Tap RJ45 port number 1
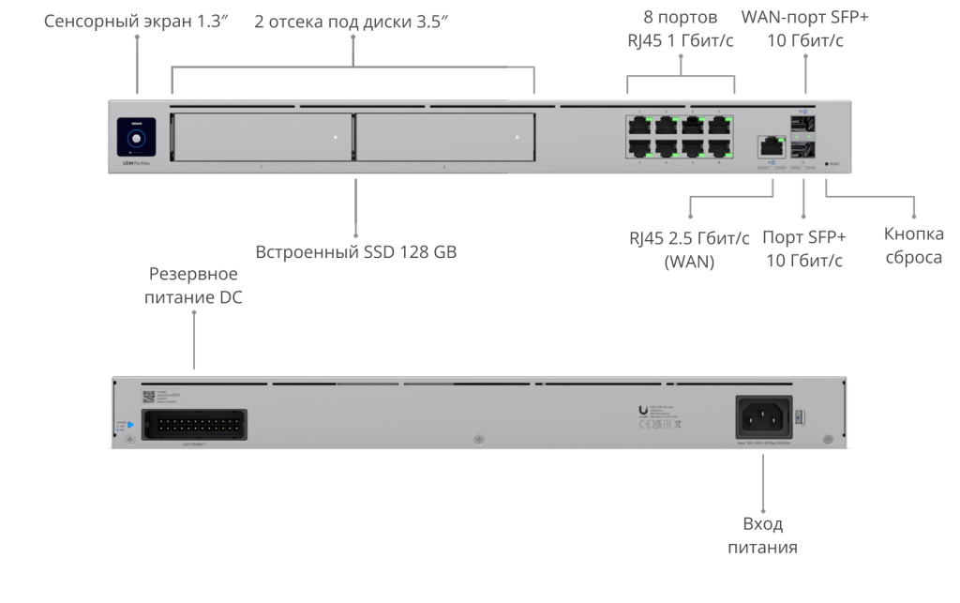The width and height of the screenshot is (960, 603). (640, 125)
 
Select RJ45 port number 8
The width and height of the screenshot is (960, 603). (719, 148)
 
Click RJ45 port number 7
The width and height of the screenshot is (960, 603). (719, 125)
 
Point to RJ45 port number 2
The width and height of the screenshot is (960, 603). (640, 148)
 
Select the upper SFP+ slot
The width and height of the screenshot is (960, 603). (804, 126)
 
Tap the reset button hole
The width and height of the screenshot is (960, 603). (828, 164)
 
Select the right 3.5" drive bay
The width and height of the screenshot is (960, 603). (444, 138)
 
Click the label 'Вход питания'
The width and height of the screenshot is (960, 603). (762, 535)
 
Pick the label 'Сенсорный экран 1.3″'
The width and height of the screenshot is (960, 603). (137, 20)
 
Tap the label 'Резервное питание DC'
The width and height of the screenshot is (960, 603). (193, 286)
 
